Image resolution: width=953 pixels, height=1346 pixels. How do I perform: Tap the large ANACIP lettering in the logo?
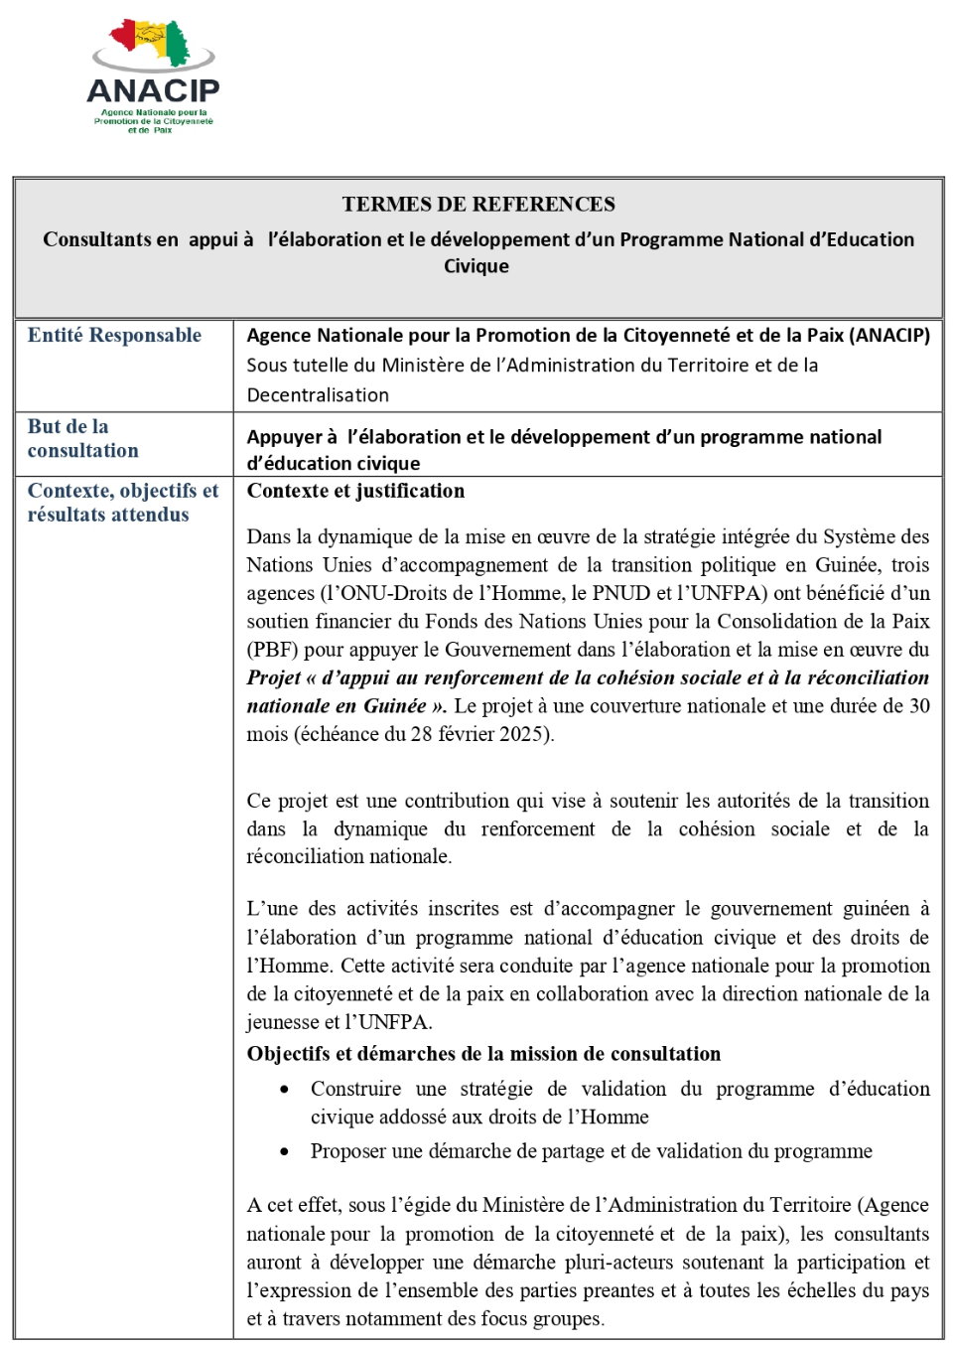[x=153, y=91]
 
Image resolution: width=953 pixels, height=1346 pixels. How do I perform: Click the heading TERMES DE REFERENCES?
[x=478, y=205]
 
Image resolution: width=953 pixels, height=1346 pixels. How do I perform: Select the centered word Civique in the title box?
[x=476, y=266]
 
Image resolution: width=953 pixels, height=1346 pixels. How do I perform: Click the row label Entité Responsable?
[x=114, y=336]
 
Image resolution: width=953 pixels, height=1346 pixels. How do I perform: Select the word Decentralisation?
[x=318, y=395]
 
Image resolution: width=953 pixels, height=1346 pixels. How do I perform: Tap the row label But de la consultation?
[x=83, y=439]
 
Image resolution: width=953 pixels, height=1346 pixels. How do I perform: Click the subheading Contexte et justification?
[x=355, y=491]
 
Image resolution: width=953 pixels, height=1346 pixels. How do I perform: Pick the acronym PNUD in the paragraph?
[x=621, y=593]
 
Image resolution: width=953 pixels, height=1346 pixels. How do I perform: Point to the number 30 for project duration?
[x=919, y=706]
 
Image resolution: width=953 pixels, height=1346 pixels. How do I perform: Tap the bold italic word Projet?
[x=274, y=677]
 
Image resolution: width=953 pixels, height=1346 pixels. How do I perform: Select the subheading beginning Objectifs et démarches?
[x=483, y=1054]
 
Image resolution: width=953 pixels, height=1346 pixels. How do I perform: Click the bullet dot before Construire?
[x=285, y=1090]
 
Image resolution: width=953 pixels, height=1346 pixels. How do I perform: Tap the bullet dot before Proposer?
[x=285, y=1152]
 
